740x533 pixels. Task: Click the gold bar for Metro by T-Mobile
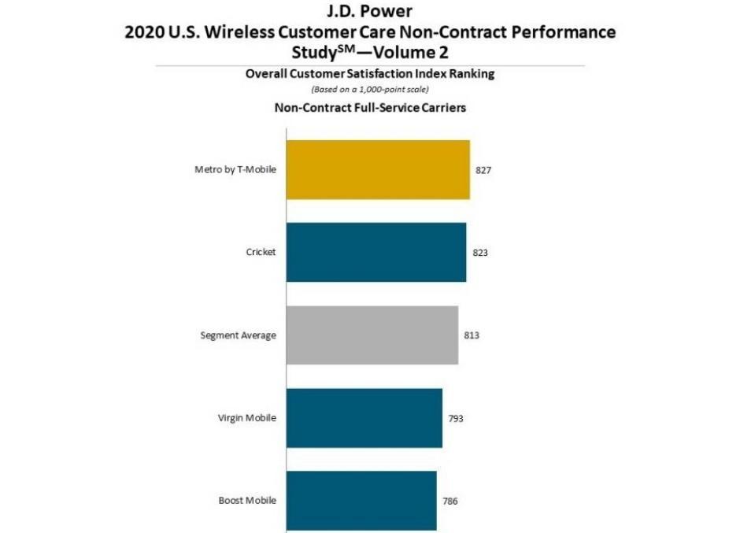pos(378,169)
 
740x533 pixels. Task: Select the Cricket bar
pos(376,252)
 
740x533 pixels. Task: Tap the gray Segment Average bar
pos(372,335)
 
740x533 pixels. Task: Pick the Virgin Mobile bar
pos(364,418)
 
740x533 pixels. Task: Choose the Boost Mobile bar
pos(361,501)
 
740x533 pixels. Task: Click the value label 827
pos(483,170)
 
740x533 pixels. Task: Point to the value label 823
pos(479,253)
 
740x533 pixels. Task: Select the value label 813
pos(472,335)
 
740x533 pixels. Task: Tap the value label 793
pos(456,418)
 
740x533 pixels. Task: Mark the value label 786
pos(450,501)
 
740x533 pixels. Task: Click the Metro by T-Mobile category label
pos(235,169)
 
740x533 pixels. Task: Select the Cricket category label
pos(261,252)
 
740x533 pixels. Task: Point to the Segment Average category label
pos(239,335)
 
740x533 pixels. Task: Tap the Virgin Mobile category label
pos(247,418)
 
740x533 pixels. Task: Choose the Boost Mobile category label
pos(247,501)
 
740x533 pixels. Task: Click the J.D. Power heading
pos(370,12)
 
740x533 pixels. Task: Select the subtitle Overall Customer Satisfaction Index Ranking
pos(369,74)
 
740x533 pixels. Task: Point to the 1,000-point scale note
pos(370,90)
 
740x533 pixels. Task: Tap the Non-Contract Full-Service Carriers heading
pos(370,108)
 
